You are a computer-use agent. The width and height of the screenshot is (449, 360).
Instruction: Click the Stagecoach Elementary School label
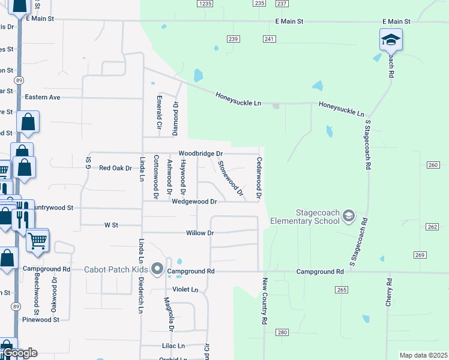tap(305, 217)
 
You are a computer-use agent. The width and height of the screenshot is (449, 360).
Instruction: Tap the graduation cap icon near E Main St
tap(391, 40)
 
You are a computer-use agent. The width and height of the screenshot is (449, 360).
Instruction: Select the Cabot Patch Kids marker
tap(158, 269)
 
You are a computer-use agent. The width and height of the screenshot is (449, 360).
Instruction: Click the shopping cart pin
tap(37, 240)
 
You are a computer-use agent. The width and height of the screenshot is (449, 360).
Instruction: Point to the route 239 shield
tap(234, 39)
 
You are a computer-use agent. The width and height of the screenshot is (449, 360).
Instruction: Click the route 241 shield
tap(269, 39)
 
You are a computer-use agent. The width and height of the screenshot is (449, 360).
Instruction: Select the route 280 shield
tap(282, 332)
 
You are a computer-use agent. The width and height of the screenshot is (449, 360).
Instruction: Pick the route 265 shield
tap(342, 290)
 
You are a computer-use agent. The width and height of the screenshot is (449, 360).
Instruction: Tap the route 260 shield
tap(434, 165)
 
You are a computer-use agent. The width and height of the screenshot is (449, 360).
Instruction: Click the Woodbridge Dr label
tap(200, 154)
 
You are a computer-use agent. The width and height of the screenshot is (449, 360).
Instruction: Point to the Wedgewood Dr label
tap(194, 202)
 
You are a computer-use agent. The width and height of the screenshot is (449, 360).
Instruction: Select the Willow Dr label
tap(200, 233)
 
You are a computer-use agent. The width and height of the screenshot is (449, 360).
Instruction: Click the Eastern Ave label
tap(42, 97)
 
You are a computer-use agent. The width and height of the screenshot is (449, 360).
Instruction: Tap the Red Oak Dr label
tap(115, 168)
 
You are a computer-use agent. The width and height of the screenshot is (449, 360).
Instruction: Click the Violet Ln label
tap(185, 289)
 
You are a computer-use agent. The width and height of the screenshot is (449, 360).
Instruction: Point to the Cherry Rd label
tap(390, 293)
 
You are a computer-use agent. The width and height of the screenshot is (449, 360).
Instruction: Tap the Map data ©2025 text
tap(423, 355)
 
